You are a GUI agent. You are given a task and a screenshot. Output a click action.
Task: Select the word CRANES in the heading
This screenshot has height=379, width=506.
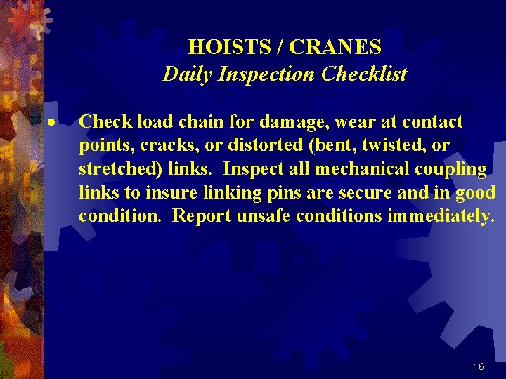click(x=336, y=47)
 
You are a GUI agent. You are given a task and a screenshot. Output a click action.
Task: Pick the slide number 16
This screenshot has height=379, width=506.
click(x=479, y=366)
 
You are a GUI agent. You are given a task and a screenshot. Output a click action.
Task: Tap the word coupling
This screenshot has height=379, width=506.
click(x=455, y=169)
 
